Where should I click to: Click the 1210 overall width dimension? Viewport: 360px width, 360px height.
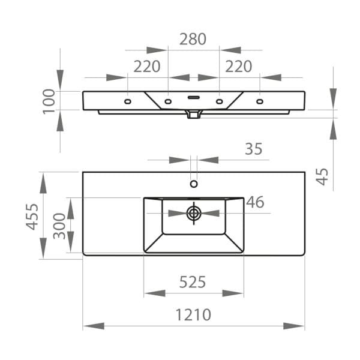(193, 314)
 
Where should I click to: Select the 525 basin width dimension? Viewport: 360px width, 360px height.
(193, 281)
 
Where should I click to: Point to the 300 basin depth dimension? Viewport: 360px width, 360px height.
(60, 226)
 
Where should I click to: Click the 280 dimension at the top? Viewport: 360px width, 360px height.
(193, 39)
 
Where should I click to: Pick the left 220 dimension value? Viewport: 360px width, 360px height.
(147, 66)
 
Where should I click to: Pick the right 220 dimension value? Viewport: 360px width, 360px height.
(239, 66)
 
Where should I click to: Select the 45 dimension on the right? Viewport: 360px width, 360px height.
(322, 176)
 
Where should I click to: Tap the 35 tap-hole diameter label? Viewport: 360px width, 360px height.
(254, 149)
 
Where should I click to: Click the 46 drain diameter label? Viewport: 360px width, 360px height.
(255, 202)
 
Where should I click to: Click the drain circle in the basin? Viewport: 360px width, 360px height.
(194, 212)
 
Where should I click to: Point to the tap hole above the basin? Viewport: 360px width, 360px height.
(194, 184)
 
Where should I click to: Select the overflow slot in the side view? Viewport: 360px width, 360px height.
(194, 97)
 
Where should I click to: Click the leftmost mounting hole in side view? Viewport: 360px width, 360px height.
(127, 102)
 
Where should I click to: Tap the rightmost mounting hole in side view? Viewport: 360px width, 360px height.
(260, 102)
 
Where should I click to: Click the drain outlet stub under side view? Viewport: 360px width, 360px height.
(193, 114)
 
